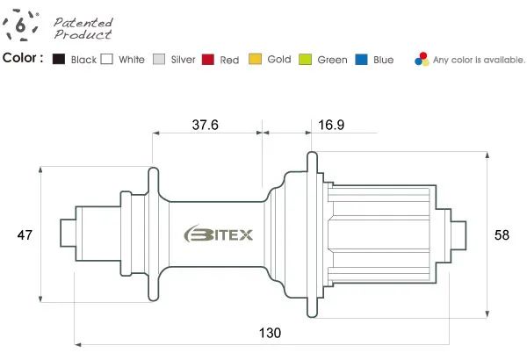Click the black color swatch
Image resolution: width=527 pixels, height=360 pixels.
click(x=59, y=59)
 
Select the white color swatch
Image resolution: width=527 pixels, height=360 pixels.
click(x=107, y=59)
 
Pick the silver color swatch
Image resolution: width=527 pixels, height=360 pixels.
click(x=159, y=59)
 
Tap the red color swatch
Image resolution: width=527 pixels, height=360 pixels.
click(x=208, y=59)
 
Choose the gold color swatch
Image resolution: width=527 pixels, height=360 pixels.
click(x=255, y=59)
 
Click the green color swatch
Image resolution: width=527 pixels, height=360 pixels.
click(x=305, y=59)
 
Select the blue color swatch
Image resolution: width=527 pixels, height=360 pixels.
click(x=361, y=59)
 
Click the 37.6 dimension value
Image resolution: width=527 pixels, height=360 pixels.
click(x=205, y=125)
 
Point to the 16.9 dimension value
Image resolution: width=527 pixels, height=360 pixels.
click(x=331, y=125)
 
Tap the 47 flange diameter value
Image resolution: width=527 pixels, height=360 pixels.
click(x=25, y=234)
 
